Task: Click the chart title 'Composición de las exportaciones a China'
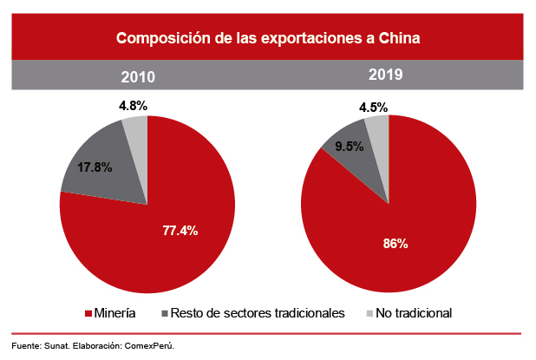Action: point(269,38)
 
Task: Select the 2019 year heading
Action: point(383,75)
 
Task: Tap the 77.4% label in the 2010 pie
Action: point(180,230)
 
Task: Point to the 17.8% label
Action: point(94,167)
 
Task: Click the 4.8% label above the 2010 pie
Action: point(133,105)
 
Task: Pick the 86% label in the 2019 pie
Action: point(395,243)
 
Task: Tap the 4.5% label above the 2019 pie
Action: point(374,108)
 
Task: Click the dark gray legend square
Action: point(166,313)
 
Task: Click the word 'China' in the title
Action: point(400,38)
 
